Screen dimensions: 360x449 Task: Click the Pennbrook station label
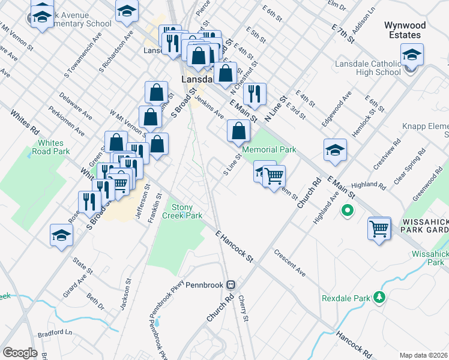point(204,284)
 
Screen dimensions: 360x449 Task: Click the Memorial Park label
point(270,149)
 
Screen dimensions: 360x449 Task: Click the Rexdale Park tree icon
point(379,297)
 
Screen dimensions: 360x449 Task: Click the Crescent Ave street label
point(289,263)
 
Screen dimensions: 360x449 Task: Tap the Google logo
point(20,353)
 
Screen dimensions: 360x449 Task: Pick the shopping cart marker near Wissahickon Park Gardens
point(379,229)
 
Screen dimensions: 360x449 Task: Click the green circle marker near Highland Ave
point(346,211)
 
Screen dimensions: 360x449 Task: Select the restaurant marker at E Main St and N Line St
point(255,94)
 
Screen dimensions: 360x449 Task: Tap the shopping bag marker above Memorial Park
point(239,130)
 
